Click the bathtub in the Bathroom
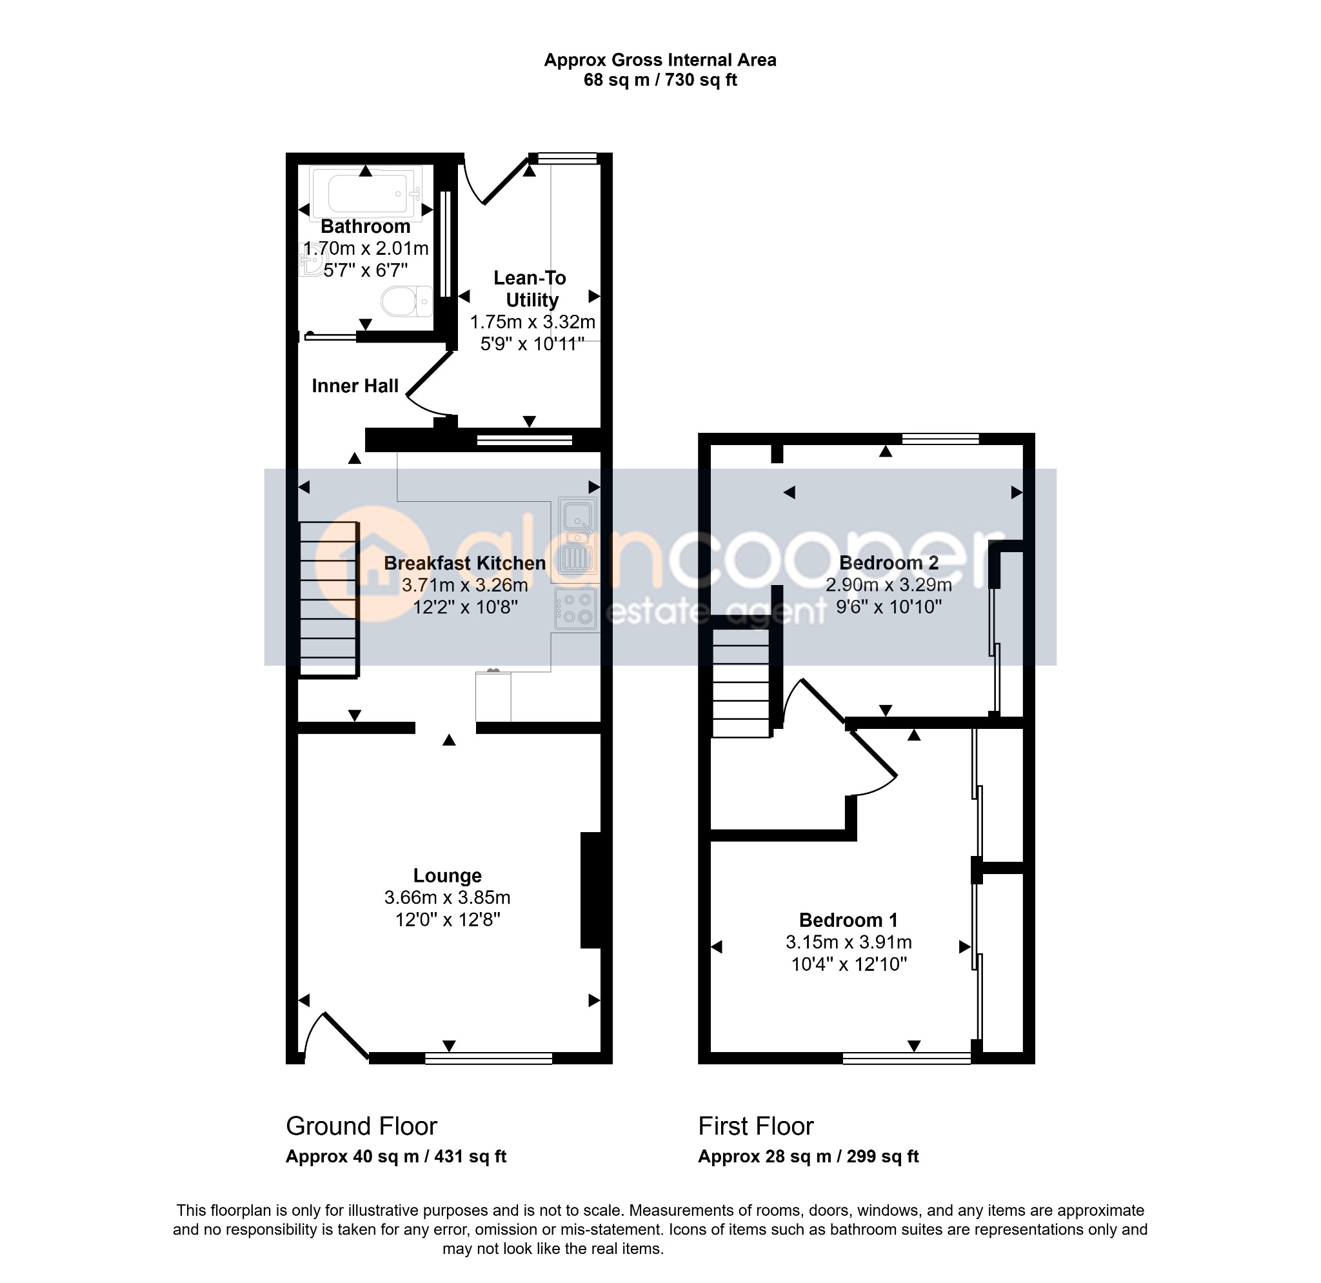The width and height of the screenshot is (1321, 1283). (366, 194)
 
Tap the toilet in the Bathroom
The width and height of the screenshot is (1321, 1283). (407, 301)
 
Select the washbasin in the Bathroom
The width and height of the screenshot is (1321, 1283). (312, 259)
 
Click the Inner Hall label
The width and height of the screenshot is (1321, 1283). (355, 386)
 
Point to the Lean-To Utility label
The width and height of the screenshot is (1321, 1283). (530, 289)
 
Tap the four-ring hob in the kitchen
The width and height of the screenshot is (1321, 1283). (576, 608)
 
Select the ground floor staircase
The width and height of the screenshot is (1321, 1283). (328, 599)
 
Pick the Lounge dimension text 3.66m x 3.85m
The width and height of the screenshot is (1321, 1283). (448, 897)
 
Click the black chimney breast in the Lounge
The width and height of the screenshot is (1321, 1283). (591, 891)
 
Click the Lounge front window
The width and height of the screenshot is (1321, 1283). (489, 1059)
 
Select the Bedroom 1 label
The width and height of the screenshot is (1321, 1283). (849, 920)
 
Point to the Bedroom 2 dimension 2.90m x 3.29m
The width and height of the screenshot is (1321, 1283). (889, 585)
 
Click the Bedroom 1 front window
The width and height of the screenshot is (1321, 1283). (907, 1059)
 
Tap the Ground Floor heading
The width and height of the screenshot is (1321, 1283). (362, 1126)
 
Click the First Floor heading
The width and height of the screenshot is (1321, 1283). (756, 1126)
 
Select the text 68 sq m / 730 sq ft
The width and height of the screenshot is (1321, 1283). (660, 80)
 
